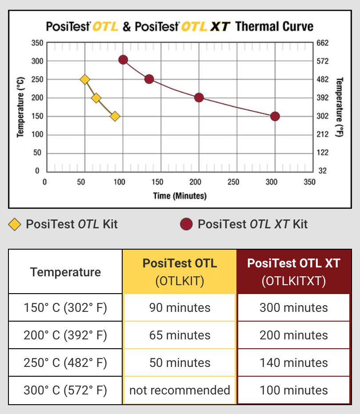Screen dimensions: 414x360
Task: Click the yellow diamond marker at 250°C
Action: [85, 80]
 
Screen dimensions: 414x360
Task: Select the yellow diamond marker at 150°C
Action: [115, 116]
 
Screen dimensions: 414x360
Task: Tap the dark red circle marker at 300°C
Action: [123, 60]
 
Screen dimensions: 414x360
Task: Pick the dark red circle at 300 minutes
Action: [275, 116]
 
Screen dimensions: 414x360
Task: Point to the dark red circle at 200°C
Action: [199, 98]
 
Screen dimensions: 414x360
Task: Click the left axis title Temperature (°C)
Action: [20, 107]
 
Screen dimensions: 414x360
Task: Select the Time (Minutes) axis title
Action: [180, 195]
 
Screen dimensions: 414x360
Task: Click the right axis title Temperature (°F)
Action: [340, 107]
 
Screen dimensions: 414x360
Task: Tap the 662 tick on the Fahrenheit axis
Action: [322, 43]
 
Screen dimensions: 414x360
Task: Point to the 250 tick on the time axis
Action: [233, 182]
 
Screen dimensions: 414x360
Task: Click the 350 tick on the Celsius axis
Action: [37, 43]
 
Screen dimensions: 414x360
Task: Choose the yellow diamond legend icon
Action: [15, 224]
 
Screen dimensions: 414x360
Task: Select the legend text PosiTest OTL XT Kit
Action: [252, 224]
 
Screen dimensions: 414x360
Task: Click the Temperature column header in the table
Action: [65, 272]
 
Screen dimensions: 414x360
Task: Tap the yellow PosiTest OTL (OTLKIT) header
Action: [180, 272]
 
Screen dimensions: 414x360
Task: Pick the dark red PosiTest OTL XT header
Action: [294, 272]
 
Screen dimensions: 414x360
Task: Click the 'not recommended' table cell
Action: [180, 390]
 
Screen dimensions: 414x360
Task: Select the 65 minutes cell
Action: [180, 335]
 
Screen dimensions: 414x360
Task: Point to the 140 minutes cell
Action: [294, 363]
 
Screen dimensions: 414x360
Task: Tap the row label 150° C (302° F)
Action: [65, 308]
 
